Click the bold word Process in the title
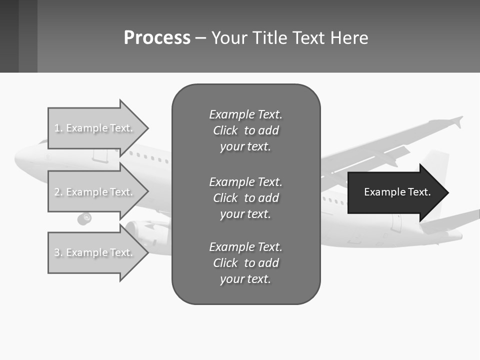pos(157,38)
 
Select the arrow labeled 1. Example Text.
pos(95,128)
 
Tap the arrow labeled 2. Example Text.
pos(95,192)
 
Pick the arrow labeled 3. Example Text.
pos(95,252)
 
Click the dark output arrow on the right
pos(395,192)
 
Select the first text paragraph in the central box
pos(245,130)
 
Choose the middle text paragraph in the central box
pos(245,197)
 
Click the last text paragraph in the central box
pos(245,263)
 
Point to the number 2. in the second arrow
pos(58,192)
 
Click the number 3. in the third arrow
pos(58,252)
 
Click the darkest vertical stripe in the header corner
pos(9,36)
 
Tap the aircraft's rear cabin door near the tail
pos(396,222)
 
